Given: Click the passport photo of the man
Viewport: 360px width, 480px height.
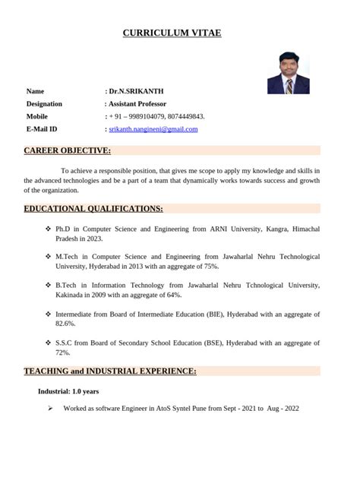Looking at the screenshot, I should pyautogui.click(x=288, y=73).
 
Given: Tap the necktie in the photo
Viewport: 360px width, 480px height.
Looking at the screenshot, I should pyautogui.click(x=289, y=86).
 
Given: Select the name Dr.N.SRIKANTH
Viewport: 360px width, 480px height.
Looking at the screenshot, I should pyautogui.click(x=136, y=91).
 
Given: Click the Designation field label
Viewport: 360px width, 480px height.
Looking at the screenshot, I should pyautogui.click(x=44, y=104).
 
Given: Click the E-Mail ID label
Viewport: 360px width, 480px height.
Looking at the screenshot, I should pyautogui.click(x=42, y=130).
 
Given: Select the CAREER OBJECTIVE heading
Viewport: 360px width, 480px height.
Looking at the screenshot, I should pyautogui.click(x=68, y=151).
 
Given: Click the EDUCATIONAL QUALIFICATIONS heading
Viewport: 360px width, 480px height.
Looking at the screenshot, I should pyautogui.click(x=93, y=209).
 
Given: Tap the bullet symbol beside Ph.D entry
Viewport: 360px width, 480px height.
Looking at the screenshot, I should pyautogui.click(x=49, y=229).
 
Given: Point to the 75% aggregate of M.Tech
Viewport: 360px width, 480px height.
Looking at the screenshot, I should pyautogui.click(x=210, y=267).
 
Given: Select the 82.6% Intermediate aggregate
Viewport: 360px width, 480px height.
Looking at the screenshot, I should pyautogui.click(x=65, y=324).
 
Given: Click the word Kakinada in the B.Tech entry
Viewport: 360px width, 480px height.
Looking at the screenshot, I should pyautogui.click(x=73, y=295).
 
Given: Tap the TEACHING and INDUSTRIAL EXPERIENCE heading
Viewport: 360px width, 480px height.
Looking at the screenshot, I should pyautogui.click(x=110, y=371).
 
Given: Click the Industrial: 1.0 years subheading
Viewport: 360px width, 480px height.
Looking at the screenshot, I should pyautogui.click(x=68, y=392).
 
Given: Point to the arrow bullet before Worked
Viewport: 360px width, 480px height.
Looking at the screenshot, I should pyautogui.click(x=49, y=409).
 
